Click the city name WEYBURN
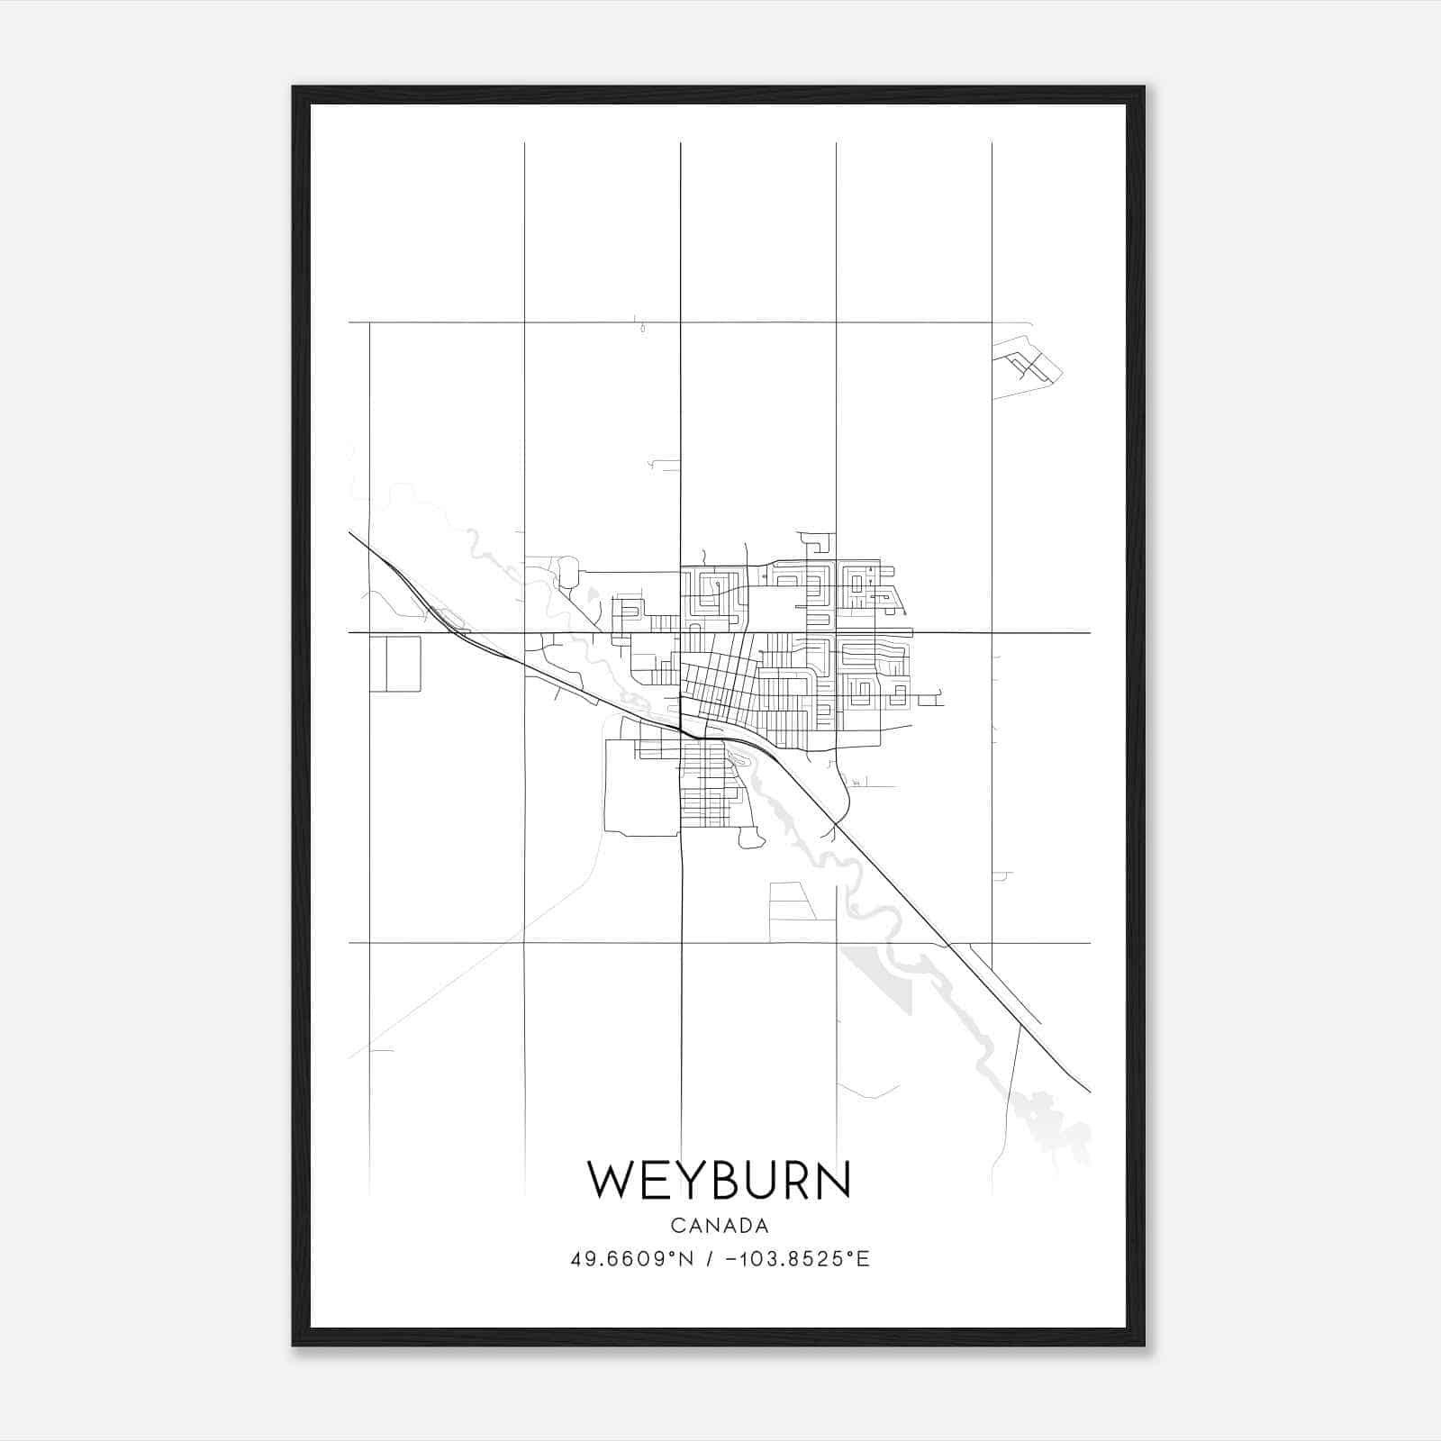[x=719, y=1180]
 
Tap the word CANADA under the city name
[x=720, y=1226]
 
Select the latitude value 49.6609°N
[x=632, y=1259]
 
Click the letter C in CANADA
[x=675, y=1226]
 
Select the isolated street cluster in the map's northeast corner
[x=1026, y=366]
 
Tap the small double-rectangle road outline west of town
[x=394, y=664]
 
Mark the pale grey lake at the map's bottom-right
[x=1049, y=1121]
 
